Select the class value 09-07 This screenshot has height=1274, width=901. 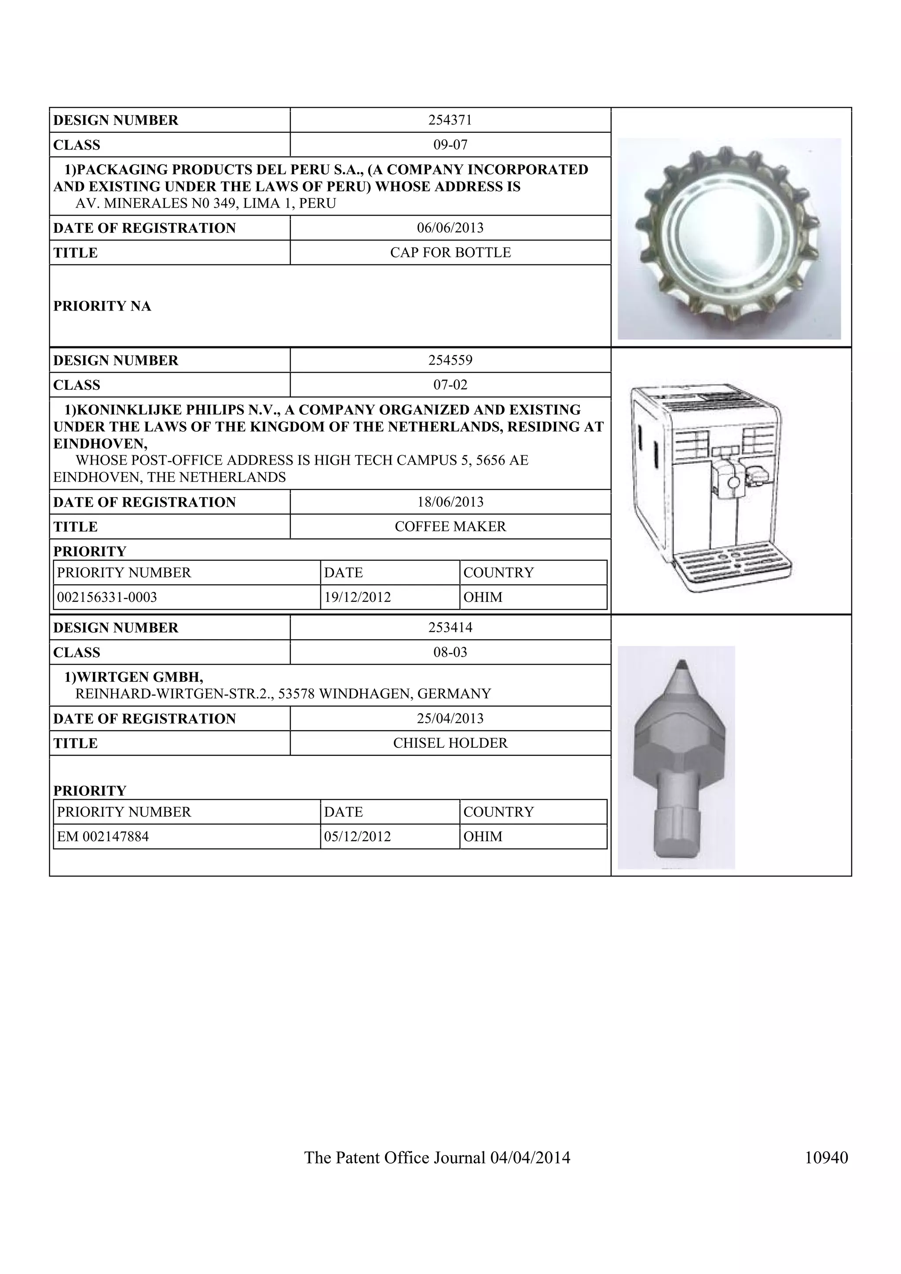pyautogui.click(x=450, y=145)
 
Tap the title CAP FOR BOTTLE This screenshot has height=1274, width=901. pyautogui.click(x=450, y=253)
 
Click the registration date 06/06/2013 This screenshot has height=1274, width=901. pyautogui.click(x=450, y=227)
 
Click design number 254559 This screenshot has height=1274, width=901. pyautogui.click(x=450, y=360)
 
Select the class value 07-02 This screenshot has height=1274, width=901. pyautogui.click(x=450, y=384)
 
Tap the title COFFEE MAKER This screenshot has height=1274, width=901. pyautogui.click(x=450, y=526)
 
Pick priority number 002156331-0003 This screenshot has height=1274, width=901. pyautogui.click(x=107, y=597)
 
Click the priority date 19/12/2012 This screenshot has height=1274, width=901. pyautogui.click(x=357, y=597)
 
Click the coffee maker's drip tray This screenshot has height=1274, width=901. pyautogui.click(x=733, y=566)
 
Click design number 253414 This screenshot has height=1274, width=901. pyautogui.click(x=450, y=628)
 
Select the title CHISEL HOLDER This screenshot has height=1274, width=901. pyautogui.click(x=450, y=743)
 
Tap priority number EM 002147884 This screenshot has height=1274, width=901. pyautogui.click(x=103, y=836)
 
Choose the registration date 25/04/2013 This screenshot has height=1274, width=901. pyautogui.click(x=450, y=718)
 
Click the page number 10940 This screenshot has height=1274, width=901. pyautogui.click(x=826, y=1157)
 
